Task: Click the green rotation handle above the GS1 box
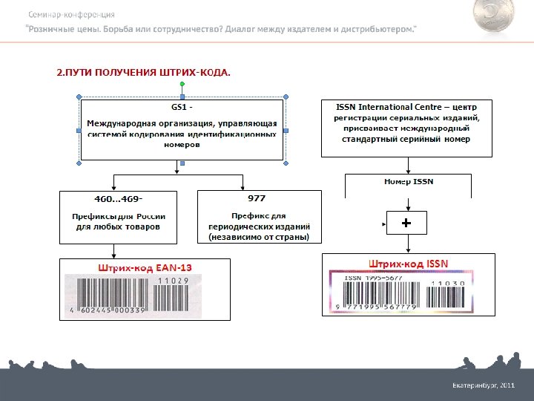[x=182, y=83]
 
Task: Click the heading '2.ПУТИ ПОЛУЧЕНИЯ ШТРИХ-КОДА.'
[x=144, y=73]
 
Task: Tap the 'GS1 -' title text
[x=182, y=108]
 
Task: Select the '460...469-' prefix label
[x=118, y=199]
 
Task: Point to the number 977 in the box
[x=256, y=198]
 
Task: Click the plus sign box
[x=406, y=223]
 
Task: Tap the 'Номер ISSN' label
[x=409, y=181]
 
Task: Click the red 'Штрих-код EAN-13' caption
[x=145, y=267]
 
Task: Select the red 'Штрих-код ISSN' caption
[x=409, y=262]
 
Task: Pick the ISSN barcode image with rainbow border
[x=408, y=292]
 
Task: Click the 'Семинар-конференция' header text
[x=71, y=15]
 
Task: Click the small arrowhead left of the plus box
[x=383, y=223]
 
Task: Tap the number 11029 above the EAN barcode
[x=174, y=281]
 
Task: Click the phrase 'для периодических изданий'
[x=260, y=226]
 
